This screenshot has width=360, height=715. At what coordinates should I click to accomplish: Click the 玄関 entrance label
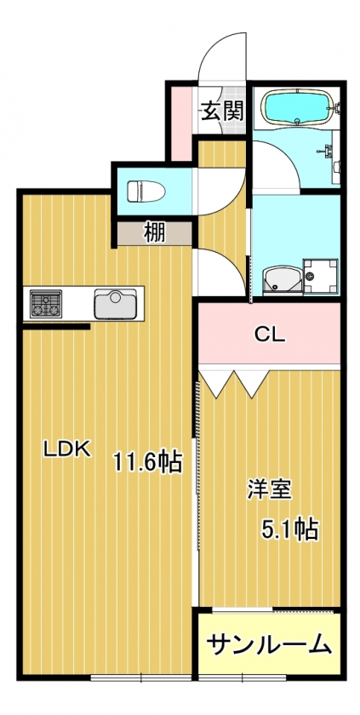point(223,111)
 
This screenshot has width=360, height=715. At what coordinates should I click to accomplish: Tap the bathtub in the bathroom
point(297,107)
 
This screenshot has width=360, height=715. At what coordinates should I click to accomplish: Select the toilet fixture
point(146,191)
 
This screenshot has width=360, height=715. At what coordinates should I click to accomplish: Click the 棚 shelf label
point(155,233)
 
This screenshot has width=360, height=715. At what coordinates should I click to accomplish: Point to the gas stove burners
point(46,304)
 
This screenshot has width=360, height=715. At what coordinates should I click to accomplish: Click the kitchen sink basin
point(115,304)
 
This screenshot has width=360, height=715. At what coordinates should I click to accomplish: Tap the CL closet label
point(269,335)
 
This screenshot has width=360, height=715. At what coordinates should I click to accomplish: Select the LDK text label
point(67,450)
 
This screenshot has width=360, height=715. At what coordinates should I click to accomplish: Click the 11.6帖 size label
point(147,462)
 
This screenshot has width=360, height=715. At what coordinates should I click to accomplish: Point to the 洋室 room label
point(269,490)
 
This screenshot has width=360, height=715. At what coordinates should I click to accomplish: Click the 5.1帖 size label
point(289,529)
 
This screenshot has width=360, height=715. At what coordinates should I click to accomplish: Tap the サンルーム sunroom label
point(269,644)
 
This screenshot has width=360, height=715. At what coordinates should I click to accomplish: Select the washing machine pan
point(321,277)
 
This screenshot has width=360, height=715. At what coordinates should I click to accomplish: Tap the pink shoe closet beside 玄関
point(181,123)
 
